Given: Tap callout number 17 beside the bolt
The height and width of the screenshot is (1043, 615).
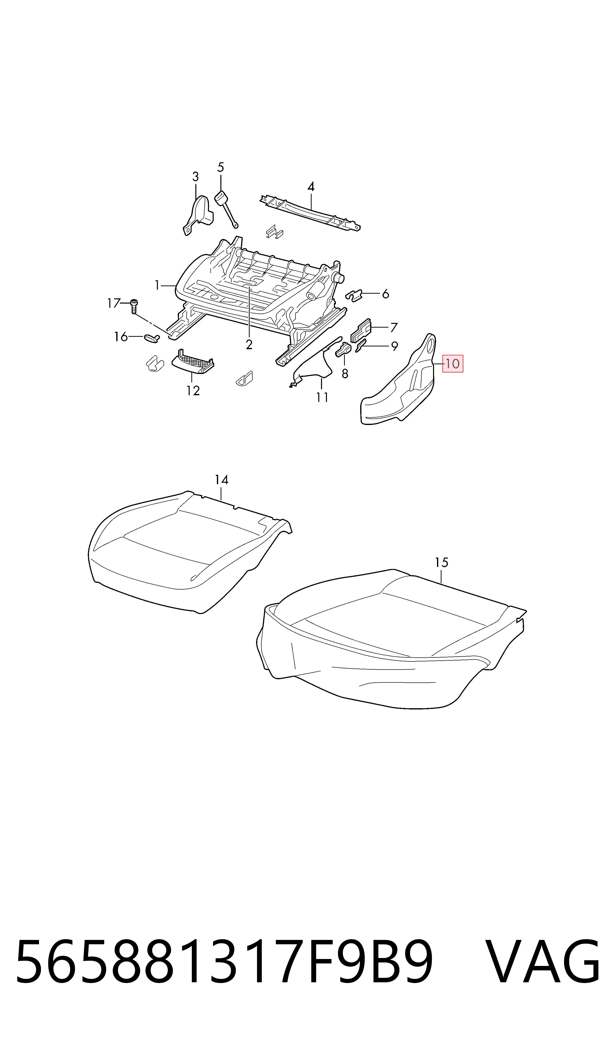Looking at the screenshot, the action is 114,303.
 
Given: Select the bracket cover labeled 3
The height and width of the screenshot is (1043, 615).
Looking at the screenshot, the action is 198,215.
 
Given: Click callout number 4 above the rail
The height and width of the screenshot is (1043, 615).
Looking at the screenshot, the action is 311,187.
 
